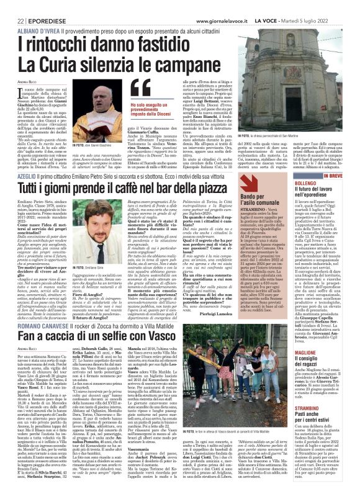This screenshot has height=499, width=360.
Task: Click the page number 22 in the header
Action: click(12, 20)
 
